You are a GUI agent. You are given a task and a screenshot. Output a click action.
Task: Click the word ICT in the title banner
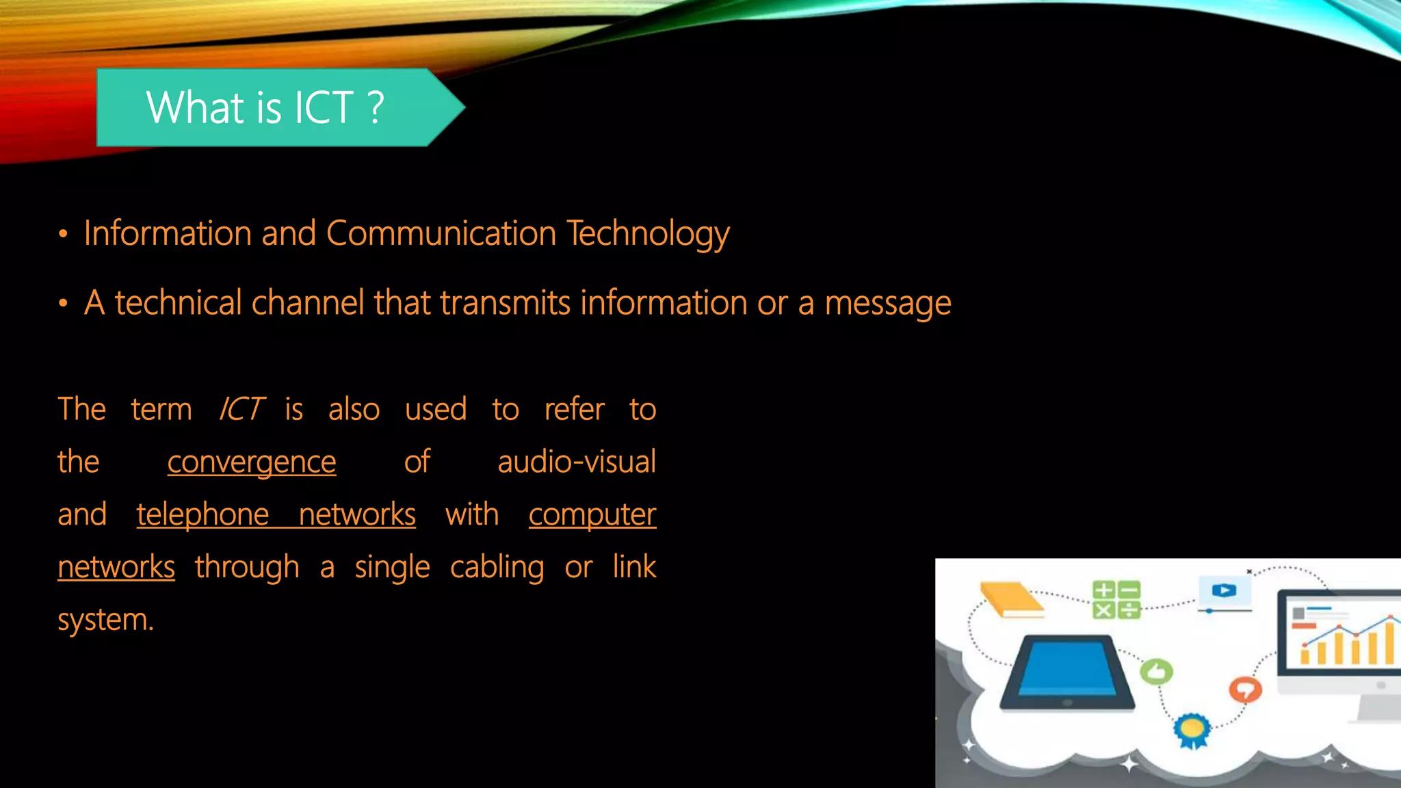tap(324, 107)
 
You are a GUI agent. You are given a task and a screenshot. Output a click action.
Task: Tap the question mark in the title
tap(376, 107)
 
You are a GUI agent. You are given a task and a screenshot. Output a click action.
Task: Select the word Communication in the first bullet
tap(441, 233)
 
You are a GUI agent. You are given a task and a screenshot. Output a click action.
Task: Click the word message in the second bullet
tap(887, 304)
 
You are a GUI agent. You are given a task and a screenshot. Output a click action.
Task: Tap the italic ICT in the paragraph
tap(240, 409)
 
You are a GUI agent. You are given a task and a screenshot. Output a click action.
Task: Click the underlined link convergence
tap(252, 462)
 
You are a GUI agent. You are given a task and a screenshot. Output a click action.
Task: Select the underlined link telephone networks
tap(276, 514)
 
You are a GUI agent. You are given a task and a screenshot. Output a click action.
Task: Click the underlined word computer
tap(592, 514)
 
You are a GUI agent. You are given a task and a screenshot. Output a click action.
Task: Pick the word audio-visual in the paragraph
tap(576, 462)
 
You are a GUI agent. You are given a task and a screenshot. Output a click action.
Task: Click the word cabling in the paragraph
tap(497, 567)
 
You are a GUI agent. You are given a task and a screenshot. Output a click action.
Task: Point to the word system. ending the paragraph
tap(105, 620)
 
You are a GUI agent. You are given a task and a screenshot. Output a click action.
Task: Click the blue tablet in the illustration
tap(1066, 672)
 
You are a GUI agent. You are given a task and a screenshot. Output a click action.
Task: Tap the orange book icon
tap(1010, 599)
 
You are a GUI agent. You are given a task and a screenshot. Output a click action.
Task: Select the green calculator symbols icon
tap(1116, 599)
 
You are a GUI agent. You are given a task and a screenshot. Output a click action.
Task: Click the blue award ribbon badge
tap(1192, 730)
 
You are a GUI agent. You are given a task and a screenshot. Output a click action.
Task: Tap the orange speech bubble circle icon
tap(1245, 688)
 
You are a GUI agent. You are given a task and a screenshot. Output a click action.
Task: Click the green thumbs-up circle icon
tap(1156, 672)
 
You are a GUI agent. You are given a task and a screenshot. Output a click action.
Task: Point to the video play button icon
tap(1225, 590)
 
